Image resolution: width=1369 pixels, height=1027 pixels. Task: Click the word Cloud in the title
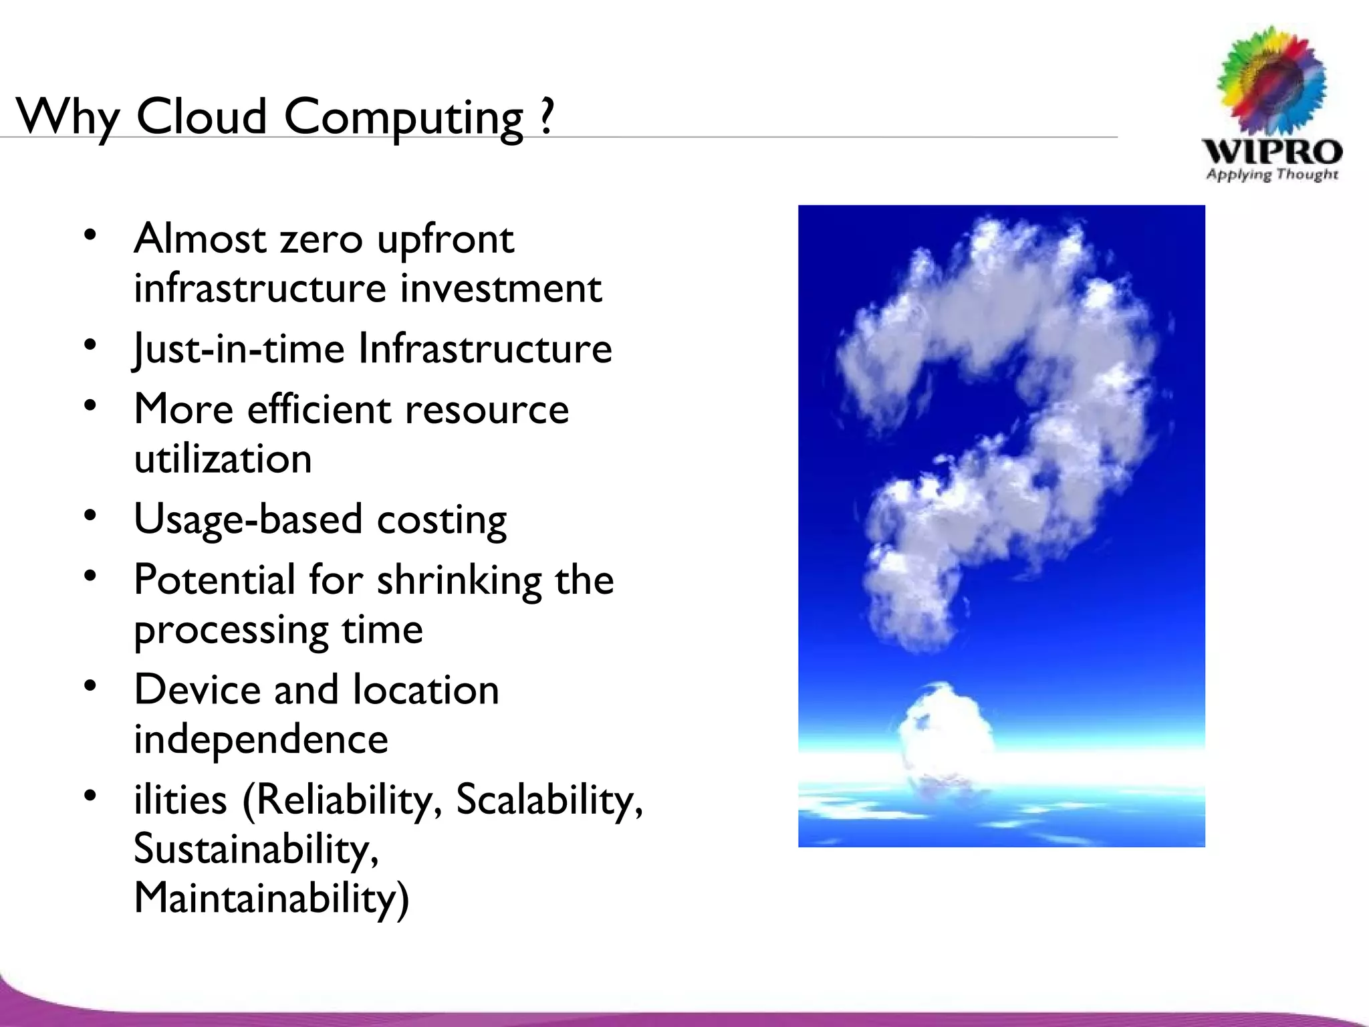click(x=201, y=116)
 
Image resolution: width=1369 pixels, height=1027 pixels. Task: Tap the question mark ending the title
click(x=547, y=116)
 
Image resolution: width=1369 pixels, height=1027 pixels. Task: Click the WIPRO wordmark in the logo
click(x=1271, y=152)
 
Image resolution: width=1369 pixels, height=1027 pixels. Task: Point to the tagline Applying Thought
click(x=1271, y=175)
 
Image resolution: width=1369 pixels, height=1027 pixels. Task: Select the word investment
click(x=501, y=288)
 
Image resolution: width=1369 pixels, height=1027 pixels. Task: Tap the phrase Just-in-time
click(x=239, y=348)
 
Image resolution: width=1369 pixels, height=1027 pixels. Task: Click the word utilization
click(x=223, y=459)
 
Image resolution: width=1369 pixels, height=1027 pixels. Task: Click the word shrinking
click(x=459, y=580)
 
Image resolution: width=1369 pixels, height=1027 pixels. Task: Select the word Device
click(x=197, y=689)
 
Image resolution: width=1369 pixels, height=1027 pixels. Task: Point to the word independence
click(x=261, y=739)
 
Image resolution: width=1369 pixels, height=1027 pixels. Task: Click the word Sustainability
click(x=255, y=848)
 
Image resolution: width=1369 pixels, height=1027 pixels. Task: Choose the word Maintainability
click(x=271, y=897)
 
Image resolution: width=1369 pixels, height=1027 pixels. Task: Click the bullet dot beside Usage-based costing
click(x=91, y=515)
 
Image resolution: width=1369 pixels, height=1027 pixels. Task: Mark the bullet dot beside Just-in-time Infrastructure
click(x=91, y=344)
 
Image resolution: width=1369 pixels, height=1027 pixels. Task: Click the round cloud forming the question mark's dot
click(x=944, y=732)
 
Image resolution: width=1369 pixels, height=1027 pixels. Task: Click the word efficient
click(x=320, y=409)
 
